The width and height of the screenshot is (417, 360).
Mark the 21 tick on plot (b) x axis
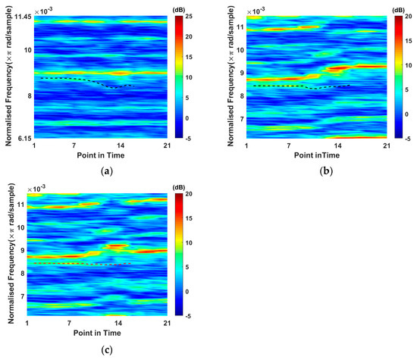(385, 146)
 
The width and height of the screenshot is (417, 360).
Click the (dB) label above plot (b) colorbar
(397, 8)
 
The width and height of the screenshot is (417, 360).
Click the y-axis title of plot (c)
(9, 256)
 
